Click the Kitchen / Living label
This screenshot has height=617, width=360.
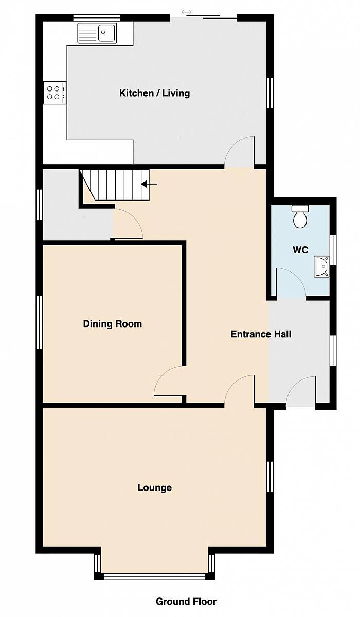click(154, 93)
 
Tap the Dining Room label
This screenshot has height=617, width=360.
click(113, 323)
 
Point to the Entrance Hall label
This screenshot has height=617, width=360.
click(261, 334)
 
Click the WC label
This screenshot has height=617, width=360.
click(300, 250)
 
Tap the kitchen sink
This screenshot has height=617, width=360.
click(97, 33)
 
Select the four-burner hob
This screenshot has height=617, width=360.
click(55, 93)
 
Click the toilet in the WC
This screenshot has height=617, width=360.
click(300, 216)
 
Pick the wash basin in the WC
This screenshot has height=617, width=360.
click(321, 266)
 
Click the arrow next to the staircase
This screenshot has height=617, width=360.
click(149, 184)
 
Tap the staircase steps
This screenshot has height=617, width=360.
click(116, 185)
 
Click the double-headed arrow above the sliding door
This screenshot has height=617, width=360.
click(187, 12)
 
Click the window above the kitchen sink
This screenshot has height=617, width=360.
click(97, 18)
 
